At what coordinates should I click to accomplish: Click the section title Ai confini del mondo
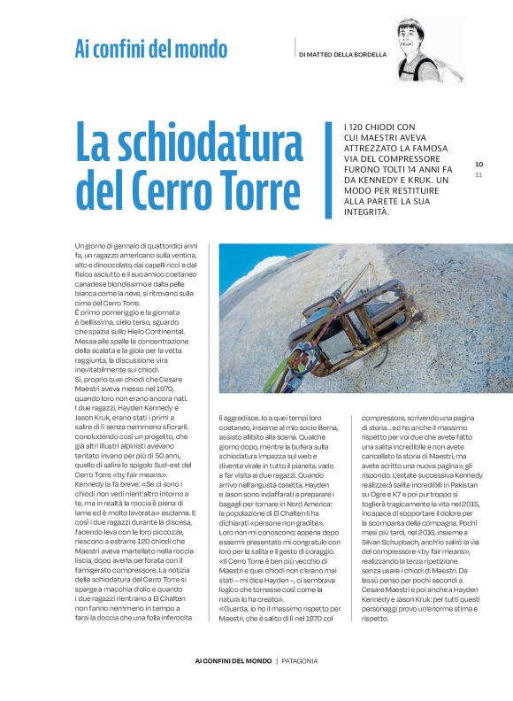point(150,50)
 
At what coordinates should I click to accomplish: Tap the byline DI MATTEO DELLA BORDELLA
point(343,54)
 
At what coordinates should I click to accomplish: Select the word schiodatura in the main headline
point(188,145)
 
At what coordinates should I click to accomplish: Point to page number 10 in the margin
point(479,164)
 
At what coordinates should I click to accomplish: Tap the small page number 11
point(479,174)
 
